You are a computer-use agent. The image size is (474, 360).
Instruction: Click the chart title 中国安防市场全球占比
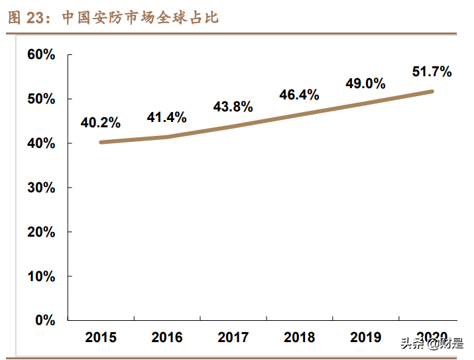(141, 18)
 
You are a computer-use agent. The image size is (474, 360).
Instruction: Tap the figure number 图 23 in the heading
(30, 18)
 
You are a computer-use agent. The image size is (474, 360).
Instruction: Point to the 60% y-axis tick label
(41, 54)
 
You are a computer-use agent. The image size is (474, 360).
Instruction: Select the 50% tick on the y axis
(41, 99)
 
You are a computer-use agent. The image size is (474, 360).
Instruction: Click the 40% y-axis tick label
(41, 143)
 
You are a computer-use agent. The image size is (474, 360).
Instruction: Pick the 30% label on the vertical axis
(41, 188)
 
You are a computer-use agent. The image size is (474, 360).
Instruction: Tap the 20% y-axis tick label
(41, 232)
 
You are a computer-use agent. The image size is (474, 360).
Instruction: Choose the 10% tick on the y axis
(41, 276)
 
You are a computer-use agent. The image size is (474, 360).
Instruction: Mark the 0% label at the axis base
(44, 320)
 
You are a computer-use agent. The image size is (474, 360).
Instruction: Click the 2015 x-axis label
(101, 337)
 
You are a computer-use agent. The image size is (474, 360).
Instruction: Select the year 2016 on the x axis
(167, 337)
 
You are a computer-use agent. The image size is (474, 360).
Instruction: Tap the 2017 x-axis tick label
(233, 337)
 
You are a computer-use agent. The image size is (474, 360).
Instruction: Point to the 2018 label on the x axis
(300, 337)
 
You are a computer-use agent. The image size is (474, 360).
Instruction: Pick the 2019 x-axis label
(366, 337)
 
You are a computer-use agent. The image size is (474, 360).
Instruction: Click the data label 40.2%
(101, 123)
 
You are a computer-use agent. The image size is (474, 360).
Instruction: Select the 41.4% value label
(167, 117)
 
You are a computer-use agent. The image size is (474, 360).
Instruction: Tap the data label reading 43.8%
(233, 107)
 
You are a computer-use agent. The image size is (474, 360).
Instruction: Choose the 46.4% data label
(300, 94)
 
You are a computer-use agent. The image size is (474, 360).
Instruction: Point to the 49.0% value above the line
(366, 84)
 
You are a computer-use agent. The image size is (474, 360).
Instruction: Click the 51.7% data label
(432, 72)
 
